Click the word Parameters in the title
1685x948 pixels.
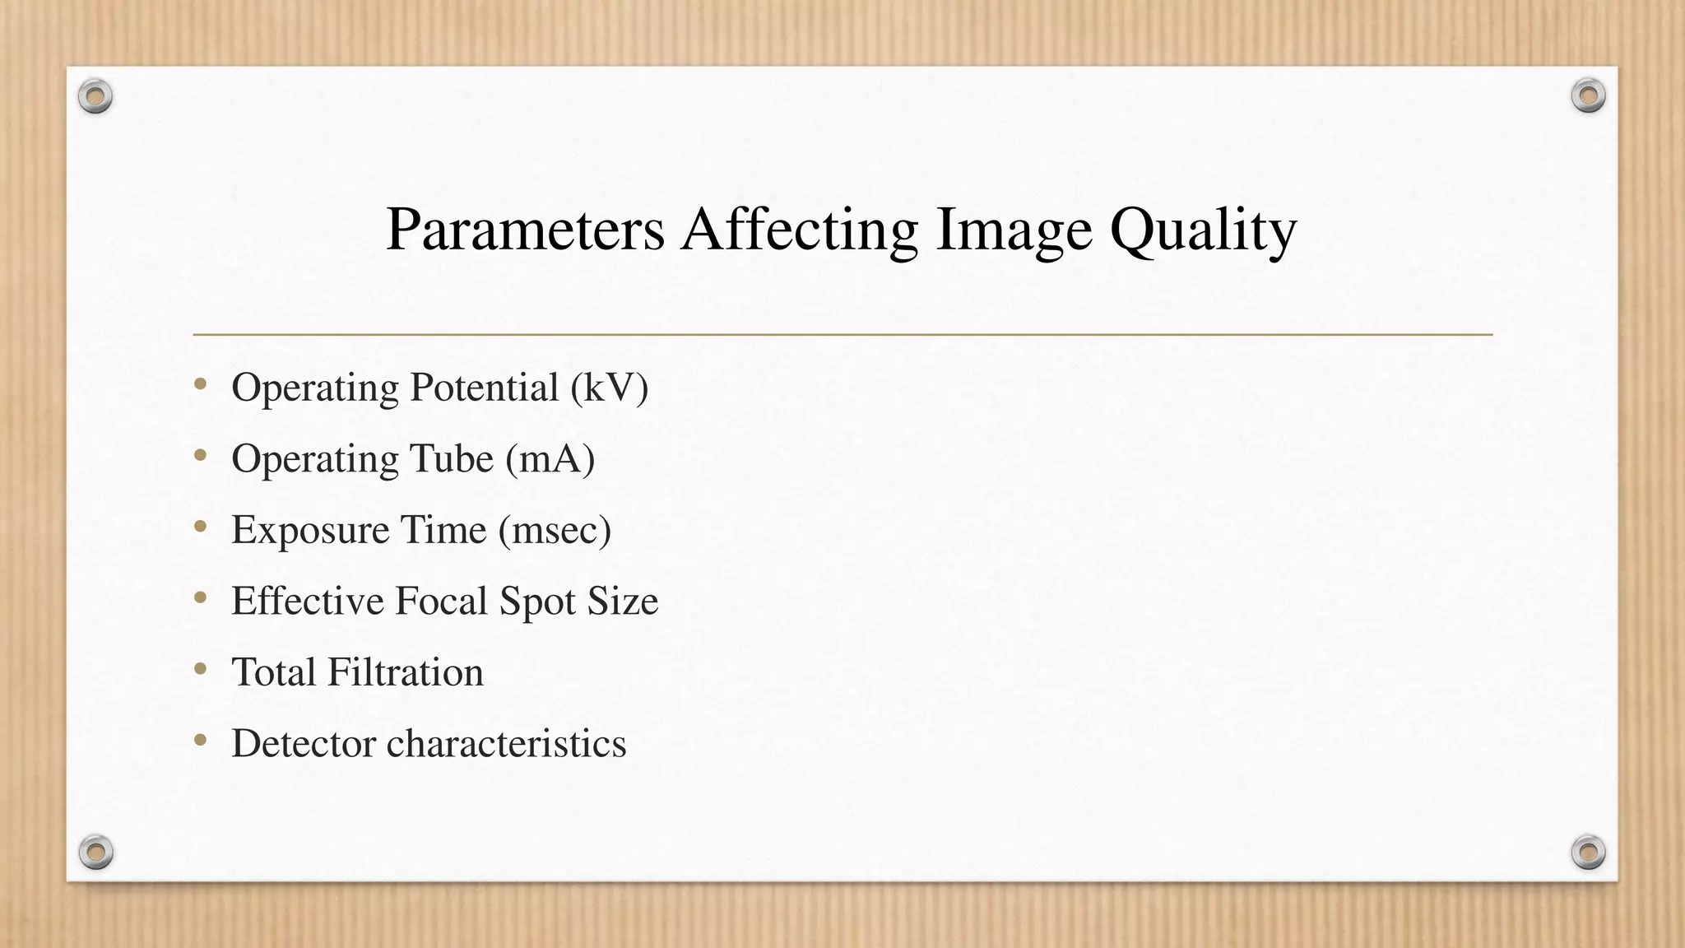point(525,230)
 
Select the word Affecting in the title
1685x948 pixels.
point(799,230)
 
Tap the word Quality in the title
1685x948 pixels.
point(1203,230)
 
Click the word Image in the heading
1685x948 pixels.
point(1014,230)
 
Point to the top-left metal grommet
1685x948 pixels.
point(95,97)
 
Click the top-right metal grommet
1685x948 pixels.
point(1588,96)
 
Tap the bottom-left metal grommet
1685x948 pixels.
point(95,852)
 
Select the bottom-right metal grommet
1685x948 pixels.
point(1588,852)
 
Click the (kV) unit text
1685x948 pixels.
point(610,388)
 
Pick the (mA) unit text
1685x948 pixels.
point(550,458)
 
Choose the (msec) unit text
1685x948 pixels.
point(555,530)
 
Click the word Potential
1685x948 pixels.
point(485,388)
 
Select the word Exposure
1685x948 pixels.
point(309,530)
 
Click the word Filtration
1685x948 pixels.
point(406,672)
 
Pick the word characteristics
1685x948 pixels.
point(506,743)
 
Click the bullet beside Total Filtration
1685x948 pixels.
point(201,670)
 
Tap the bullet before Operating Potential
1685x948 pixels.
point(201,384)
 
